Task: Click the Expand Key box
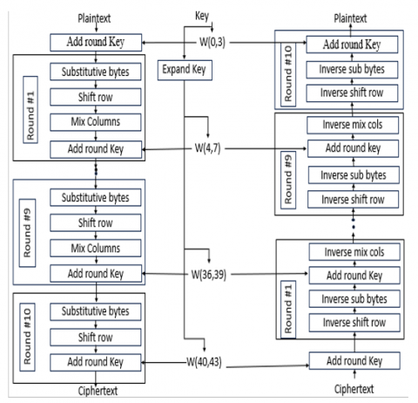coord(185,70)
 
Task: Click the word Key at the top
coord(202,16)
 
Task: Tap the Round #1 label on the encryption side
coord(30,110)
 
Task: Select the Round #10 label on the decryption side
coord(288,74)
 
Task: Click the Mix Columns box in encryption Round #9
coord(96,248)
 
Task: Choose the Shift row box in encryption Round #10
coord(96,338)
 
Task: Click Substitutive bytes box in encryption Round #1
coord(96,72)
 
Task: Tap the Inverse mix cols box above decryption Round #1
coord(354,252)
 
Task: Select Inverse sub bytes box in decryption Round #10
coord(352,70)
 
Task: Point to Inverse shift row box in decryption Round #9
coord(353,200)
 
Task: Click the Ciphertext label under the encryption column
coord(98,391)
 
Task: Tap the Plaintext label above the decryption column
coord(350,18)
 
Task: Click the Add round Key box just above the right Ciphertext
coord(354,361)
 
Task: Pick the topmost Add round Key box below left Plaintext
coord(96,43)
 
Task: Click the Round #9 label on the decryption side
coord(288,180)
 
